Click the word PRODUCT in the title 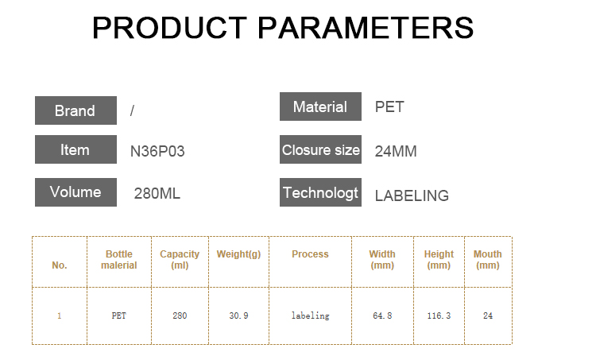click(x=169, y=28)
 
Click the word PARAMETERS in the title click(x=366, y=28)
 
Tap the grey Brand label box click(x=75, y=110)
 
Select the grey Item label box click(x=75, y=149)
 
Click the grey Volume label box click(x=75, y=192)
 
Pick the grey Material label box click(x=320, y=106)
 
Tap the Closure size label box click(x=320, y=149)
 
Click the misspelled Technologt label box click(x=320, y=192)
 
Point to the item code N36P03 click(x=157, y=151)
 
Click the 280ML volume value click(x=157, y=193)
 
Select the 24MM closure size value click(x=396, y=151)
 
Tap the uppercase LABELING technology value click(x=412, y=195)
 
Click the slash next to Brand click(x=132, y=110)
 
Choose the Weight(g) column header click(x=238, y=254)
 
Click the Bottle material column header click(x=119, y=260)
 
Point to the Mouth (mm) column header click(x=488, y=260)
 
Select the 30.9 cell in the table click(x=238, y=315)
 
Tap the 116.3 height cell click(x=439, y=315)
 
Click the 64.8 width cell click(x=382, y=315)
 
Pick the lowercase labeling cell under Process click(x=310, y=315)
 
